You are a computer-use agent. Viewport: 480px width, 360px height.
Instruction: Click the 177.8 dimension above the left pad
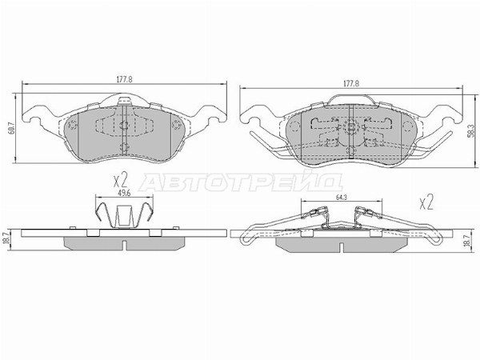pyautogui.click(x=124, y=79)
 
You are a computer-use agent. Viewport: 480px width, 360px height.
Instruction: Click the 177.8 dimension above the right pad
pyautogui.click(x=351, y=83)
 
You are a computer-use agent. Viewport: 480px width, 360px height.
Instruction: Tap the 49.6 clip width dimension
pyautogui.click(x=124, y=193)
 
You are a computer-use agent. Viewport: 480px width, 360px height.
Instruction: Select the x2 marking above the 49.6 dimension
pyautogui.click(x=120, y=181)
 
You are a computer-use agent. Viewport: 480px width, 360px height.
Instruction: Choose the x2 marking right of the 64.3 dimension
pyautogui.click(x=426, y=203)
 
